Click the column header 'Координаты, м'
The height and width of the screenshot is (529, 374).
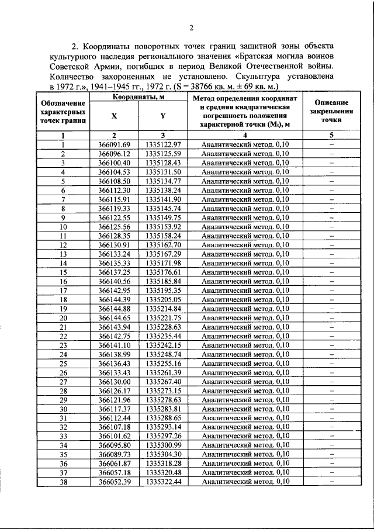coord(137,98)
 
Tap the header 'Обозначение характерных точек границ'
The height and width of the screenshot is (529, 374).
coord(62,112)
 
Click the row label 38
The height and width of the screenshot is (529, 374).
coord(63,482)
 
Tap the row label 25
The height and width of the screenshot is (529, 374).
coord(63,363)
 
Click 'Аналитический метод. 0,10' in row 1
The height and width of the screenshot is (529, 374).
coord(245,144)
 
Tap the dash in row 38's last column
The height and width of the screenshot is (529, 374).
coord(331,482)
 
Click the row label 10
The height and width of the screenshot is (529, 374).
coord(63,226)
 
